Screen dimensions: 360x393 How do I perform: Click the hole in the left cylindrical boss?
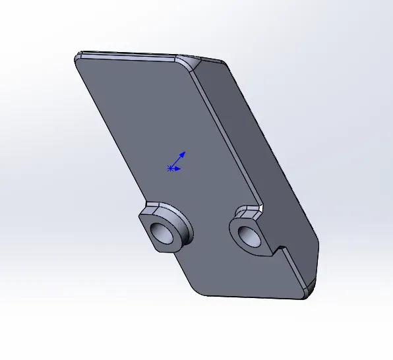point(162,232)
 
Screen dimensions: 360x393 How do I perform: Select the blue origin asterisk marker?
point(171,169)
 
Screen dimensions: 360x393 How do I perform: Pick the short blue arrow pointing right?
point(178,168)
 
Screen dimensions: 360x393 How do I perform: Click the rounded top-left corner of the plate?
point(78,57)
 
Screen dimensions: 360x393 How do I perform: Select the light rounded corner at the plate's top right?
point(186,63)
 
